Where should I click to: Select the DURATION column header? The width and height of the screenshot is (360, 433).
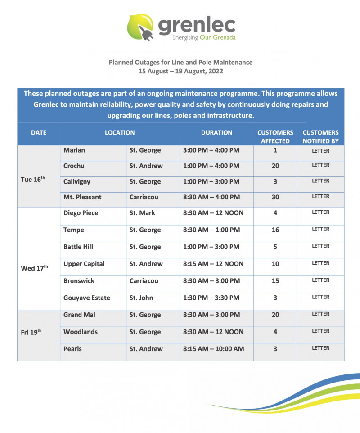[x=216, y=133]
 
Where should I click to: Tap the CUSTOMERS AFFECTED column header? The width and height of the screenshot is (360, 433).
[x=275, y=137]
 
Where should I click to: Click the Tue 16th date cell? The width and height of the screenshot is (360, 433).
[x=33, y=179]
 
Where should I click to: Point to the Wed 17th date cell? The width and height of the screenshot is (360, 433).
[x=34, y=268]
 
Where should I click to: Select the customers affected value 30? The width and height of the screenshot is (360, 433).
[x=275, y=197]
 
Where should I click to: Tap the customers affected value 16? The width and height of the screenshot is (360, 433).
[x=275, y=230]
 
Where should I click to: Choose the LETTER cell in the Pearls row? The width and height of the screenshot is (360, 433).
[x=320, y=348]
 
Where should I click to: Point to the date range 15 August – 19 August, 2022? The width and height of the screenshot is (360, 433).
[x=180, y=71]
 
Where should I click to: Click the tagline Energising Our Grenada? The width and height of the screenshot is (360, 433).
[x=204, y=38]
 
